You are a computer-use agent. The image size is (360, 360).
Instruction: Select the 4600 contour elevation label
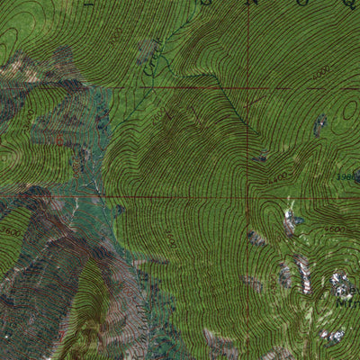point(334,229)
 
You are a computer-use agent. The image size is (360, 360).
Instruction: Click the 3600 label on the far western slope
point(11,230)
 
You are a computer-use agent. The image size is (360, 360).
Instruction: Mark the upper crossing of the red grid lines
point(247,88)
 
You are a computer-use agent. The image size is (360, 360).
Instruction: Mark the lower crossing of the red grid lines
point(249,195)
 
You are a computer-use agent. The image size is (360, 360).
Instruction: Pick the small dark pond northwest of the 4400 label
point(260,158)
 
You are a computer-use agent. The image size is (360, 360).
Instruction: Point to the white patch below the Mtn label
point(334,335)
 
